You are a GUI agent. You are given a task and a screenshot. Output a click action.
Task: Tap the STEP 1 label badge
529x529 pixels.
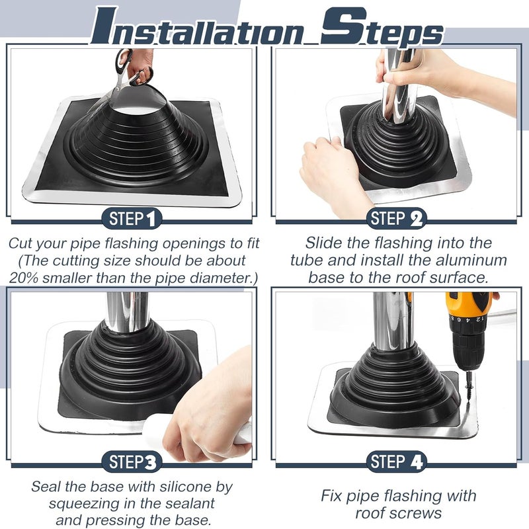(132, 218)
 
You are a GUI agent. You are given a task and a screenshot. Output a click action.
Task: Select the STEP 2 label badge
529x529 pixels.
(397, 218)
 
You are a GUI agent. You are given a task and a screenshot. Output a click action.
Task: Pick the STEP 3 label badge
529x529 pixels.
(132, 461)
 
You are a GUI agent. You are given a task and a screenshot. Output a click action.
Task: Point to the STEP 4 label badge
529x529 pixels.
(397, 461)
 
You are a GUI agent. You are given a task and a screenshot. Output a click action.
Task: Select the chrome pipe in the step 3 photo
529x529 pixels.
(127, 311)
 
